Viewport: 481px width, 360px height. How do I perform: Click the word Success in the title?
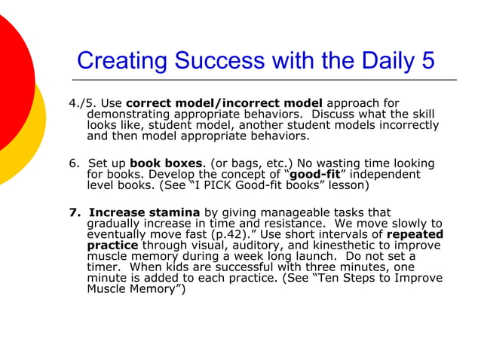pos(219,59)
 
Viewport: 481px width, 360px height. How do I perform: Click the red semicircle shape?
pos(11,79)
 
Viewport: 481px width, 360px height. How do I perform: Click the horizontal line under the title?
pos(264,79)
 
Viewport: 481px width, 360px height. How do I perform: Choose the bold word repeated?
pos(415,234)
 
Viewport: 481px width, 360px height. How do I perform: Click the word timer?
pos(103,267)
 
